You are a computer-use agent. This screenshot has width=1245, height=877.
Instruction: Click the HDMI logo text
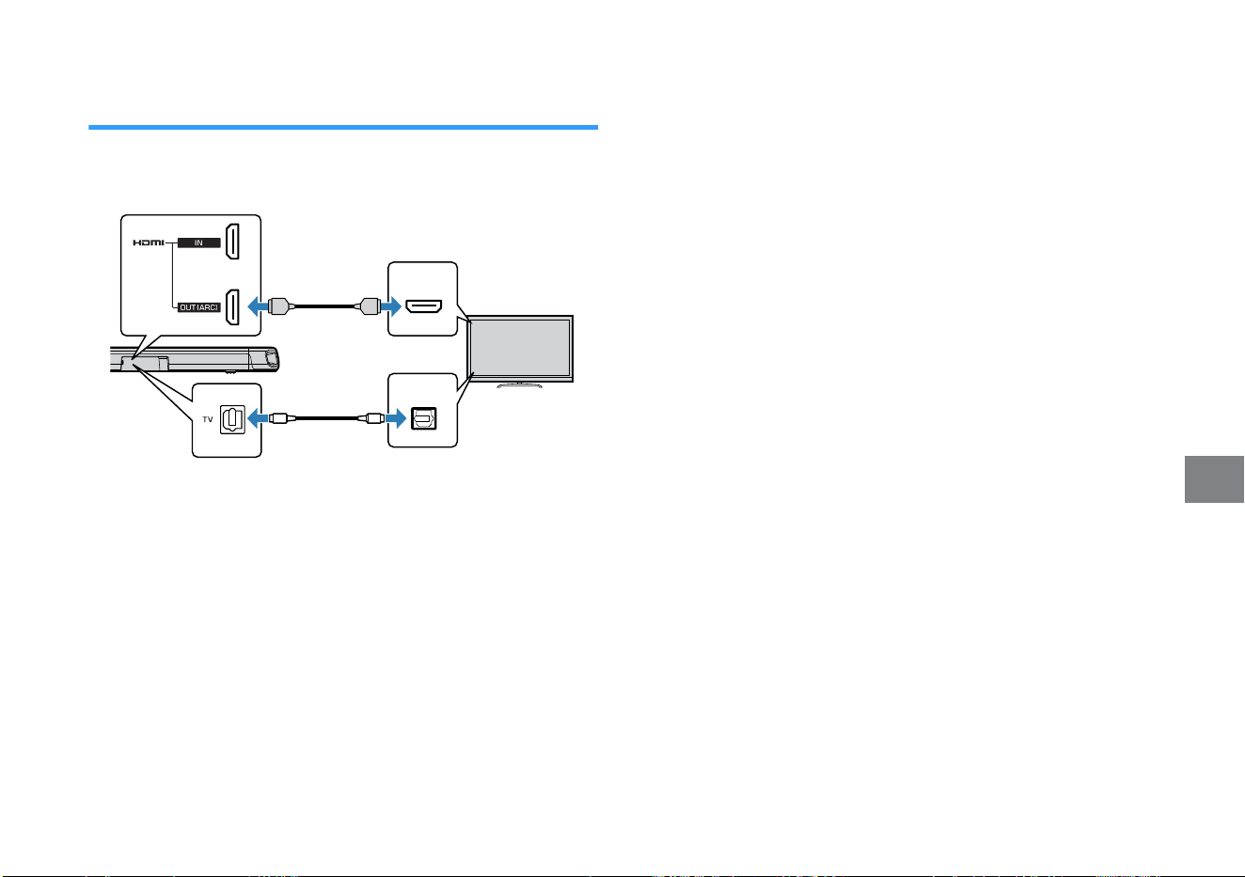(149, 243)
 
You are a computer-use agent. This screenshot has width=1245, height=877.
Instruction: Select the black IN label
(199, 243)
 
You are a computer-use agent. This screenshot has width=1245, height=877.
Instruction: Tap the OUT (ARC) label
(199, 307)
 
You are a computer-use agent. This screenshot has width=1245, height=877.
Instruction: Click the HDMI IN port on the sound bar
(232, 242)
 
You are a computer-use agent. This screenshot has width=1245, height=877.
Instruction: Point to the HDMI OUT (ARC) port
(232, 306)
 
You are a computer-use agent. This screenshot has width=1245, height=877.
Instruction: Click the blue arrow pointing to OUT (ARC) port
(258, 306)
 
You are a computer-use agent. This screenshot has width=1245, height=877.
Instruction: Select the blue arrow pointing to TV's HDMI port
(391, 306)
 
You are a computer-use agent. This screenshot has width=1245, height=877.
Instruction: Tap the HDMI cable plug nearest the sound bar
(280, 306)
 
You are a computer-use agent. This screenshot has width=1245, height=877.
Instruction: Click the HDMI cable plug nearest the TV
(368, 306)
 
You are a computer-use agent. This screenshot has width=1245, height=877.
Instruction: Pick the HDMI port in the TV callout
(423, 306)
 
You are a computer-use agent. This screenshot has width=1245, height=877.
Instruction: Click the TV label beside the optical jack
(208, 419)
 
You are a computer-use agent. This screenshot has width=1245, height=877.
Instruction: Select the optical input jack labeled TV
(232, 419)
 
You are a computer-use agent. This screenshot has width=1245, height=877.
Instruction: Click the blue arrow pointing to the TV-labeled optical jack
(258, 418)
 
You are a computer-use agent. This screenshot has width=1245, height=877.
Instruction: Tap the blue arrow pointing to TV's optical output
(396, 418)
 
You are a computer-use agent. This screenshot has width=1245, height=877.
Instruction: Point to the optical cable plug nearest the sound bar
(278, 418)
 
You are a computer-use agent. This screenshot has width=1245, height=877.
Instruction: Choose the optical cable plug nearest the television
(375, 418)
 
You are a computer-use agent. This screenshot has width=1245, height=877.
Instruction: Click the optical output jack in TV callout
(423, 418)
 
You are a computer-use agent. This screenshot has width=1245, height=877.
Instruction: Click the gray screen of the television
(520, 349)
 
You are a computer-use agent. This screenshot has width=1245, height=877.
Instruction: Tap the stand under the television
(520, 384)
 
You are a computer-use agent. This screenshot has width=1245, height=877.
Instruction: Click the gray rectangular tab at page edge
(1214, 479)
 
